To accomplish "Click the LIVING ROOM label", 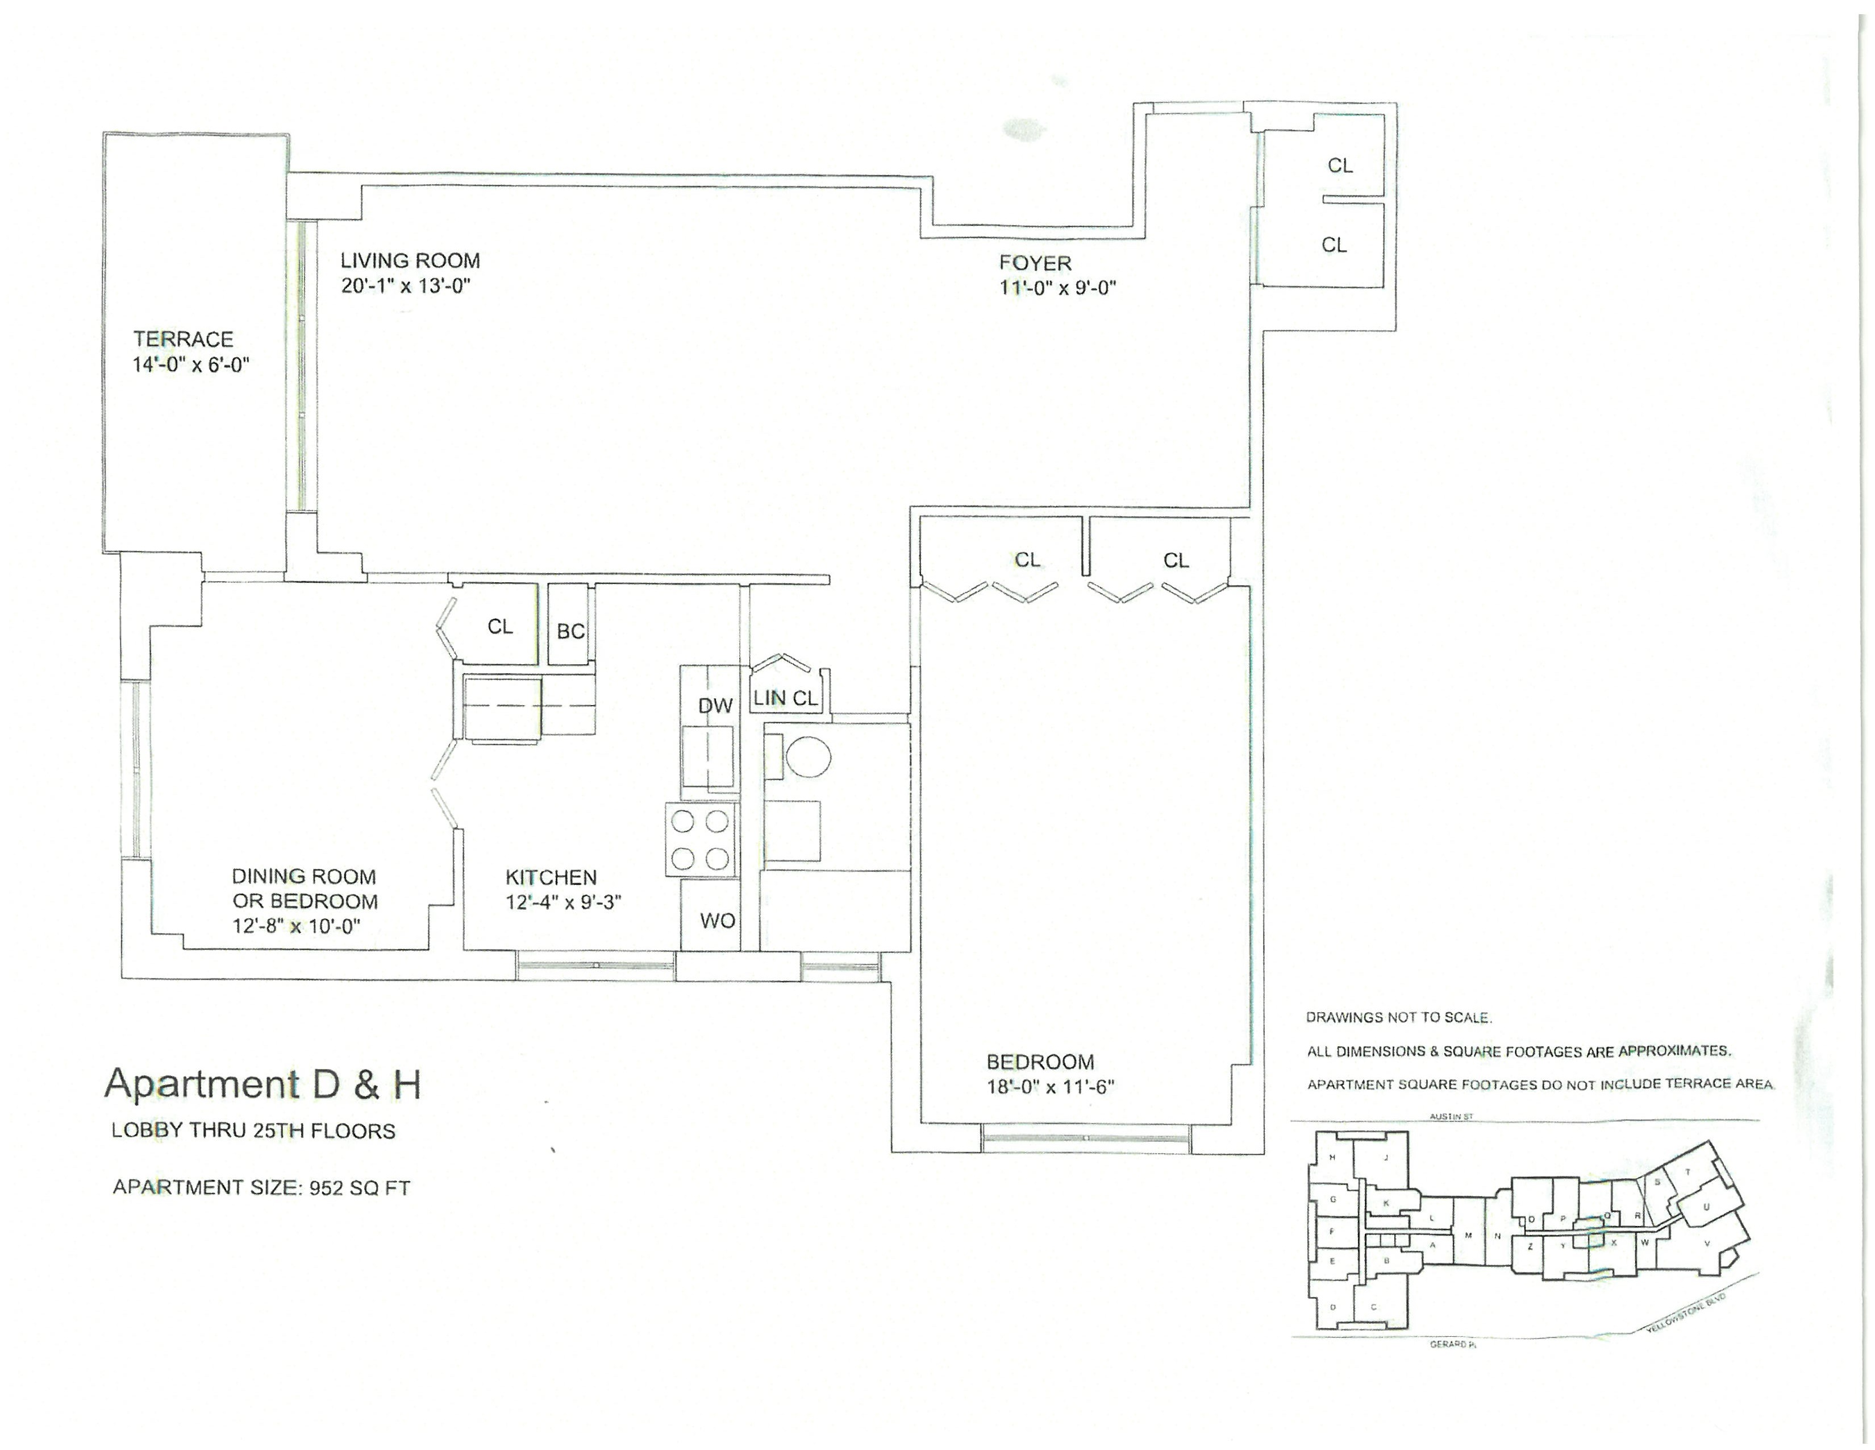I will [x=410, y=261].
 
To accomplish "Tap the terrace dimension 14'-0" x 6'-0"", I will [x=190, y=365].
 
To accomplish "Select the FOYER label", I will [x=1035, y=263].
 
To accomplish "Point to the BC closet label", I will [x=570, y=631].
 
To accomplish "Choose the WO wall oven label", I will [x=717, y=921].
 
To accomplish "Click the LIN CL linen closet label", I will [x=785, y=698].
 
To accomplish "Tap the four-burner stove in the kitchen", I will [x=701, y=839].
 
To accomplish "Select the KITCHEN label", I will [x=551, y=877].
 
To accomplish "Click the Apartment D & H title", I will [x=262, y=1084].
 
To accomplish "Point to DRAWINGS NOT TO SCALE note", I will [x=1398, y=1017].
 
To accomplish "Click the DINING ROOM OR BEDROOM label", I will [x=304, y=889].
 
